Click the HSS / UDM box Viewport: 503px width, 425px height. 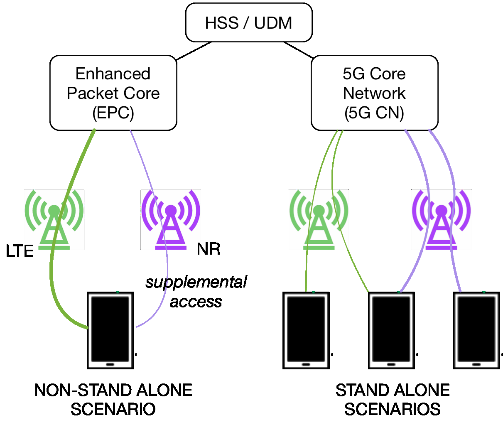248,23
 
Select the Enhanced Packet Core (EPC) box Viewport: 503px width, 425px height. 113,93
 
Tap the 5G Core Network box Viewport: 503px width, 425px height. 374,93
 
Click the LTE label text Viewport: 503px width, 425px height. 20,251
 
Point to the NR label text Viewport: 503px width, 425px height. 209,249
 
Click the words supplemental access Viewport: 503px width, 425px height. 196,292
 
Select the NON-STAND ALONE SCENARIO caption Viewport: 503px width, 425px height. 113,400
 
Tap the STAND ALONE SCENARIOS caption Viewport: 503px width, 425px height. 393,400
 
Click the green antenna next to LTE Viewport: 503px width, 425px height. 54,220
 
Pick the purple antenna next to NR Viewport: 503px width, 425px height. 170,220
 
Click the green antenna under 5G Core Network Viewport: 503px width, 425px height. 319,220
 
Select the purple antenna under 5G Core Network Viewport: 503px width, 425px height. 441,220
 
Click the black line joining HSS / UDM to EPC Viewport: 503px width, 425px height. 194,51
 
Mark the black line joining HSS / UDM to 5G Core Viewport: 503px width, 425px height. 298,50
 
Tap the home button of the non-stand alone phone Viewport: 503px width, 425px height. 110,364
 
